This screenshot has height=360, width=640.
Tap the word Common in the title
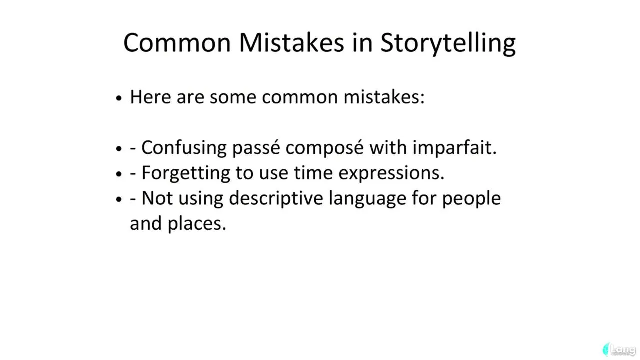point(177,43)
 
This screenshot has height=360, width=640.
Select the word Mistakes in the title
point(291,43)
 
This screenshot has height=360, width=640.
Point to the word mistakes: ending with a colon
point(384,97)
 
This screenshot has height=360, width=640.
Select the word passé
point(256,148)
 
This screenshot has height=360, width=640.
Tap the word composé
point(325,148)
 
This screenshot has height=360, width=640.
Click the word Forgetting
point(186,173)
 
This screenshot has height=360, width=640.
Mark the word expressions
point(391,173)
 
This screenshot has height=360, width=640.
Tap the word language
point(367,199)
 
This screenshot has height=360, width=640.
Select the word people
point(471,199)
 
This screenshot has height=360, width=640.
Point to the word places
point(197,224)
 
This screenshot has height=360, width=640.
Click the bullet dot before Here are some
point(119,98)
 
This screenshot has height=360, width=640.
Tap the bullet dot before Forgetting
point(119,174)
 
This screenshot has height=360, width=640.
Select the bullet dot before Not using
point(119,199)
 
